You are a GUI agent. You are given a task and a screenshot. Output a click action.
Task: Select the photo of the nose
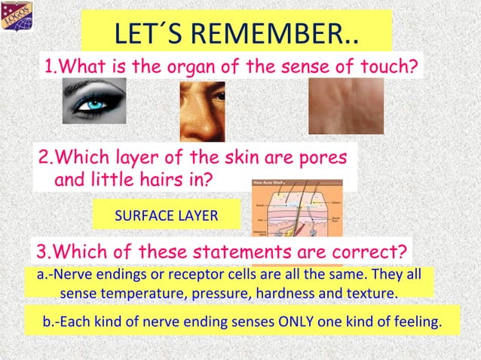[202, 111]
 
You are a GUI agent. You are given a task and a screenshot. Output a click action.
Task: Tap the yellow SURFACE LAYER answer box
[166, 216]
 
